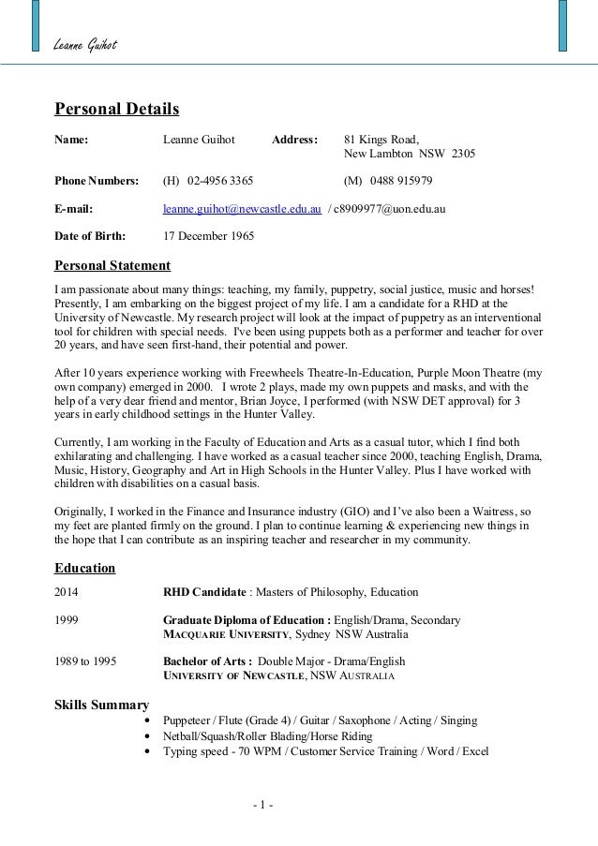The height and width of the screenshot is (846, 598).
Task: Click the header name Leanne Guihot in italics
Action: click(85, 47)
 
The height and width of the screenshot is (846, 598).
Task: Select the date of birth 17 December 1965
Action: click(208, 235)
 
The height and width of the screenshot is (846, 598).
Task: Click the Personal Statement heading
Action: click(112, 265)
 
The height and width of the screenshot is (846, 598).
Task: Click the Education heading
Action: click(85, 568)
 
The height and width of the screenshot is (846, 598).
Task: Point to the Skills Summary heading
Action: click(102, 705)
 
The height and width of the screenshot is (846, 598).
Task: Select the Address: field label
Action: click(294, 140)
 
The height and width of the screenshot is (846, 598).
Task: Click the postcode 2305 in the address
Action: click(463, 154)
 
